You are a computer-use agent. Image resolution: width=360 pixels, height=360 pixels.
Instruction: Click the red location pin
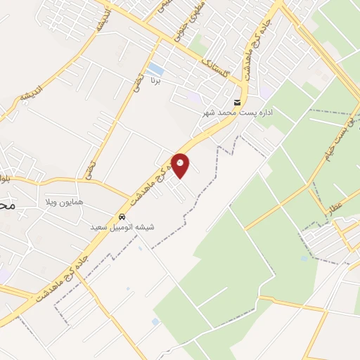pyautogui.click(x=181, y=166)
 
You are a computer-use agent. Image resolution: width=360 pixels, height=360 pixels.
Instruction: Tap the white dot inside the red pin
pyautogui.click(x=181, y=163)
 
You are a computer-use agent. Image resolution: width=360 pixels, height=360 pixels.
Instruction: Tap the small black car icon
pyautogui.click(x=123, y=217)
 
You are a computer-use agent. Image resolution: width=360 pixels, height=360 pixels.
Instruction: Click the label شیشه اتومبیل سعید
pyautogui.click(x=122, y=227)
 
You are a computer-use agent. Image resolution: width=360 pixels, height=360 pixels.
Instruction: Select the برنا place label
pyautogui.click(x=157, y=82)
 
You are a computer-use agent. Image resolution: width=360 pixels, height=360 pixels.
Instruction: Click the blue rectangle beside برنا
pyautogui.click(x=155, y=70)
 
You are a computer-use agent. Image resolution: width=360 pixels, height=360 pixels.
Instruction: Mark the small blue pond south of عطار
pyautogui.click(x=304, y=258)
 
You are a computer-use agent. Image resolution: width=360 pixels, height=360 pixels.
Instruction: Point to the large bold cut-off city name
pyautogui.click(x=7, y=205)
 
